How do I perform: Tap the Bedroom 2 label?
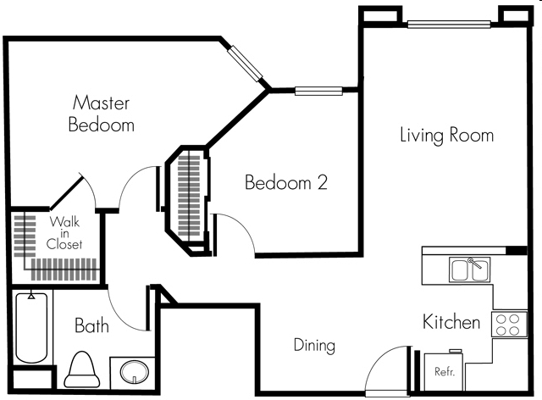(286, 182)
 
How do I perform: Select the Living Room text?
(446, 136)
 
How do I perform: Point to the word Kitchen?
(452, 323)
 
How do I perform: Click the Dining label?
(314, 346)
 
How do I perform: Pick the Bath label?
(91, 326)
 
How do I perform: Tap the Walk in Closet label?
(65, 233)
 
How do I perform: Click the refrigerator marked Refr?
(445, 370)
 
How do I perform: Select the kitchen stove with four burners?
(510, 324)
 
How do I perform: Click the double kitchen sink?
(467, 270)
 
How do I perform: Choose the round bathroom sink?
(132, 372)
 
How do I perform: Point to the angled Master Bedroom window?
(247, 61)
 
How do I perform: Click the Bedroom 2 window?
(318, 91)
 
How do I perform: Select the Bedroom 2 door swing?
(235, 233)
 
